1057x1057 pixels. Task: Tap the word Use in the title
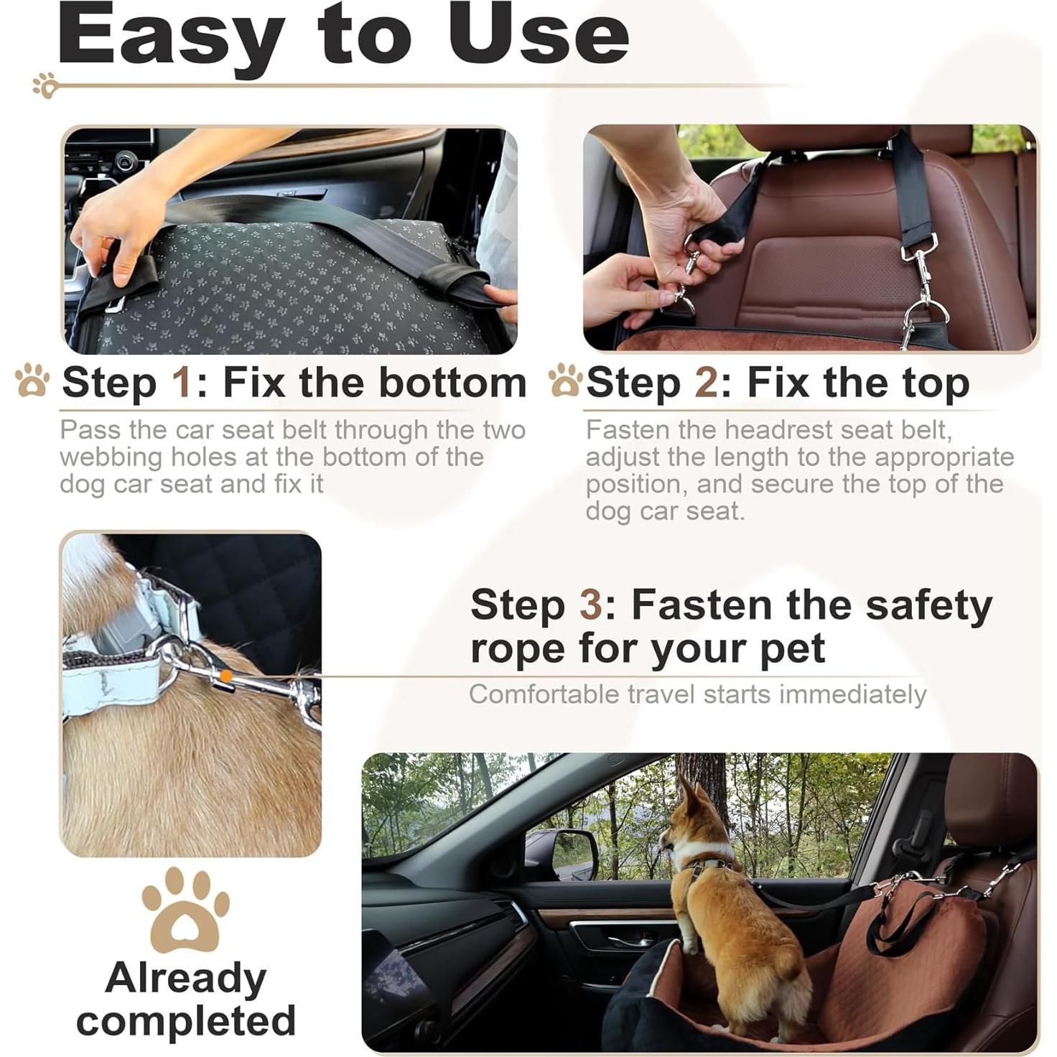coord(539,34)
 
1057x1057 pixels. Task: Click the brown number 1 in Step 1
coord(182,382)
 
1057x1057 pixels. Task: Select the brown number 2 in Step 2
coord(706,382)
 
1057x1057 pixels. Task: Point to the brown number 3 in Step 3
coord(591,605)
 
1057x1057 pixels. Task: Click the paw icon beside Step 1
coord(32,381)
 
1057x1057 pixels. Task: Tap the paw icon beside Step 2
coord(565,381)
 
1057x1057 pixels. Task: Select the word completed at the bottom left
coord(186,1020)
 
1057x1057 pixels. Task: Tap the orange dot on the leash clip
coord(226,676)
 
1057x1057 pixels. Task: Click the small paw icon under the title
coord(45,85)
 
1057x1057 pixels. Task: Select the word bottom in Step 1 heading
coord(452,382)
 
